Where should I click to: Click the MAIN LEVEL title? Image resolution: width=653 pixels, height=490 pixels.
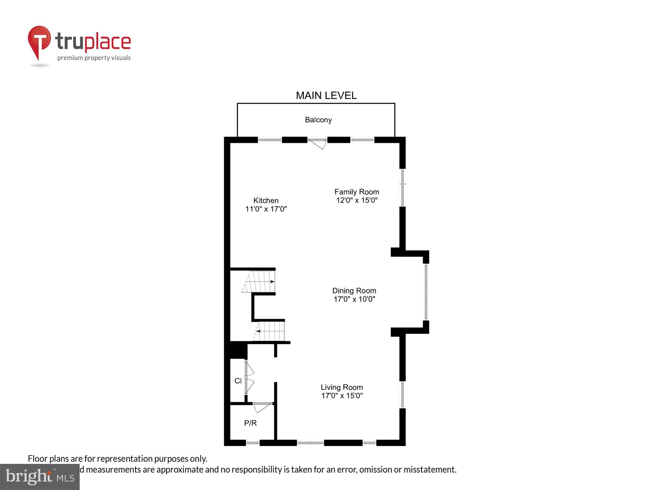326,95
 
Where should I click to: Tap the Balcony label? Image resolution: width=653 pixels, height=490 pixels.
318,120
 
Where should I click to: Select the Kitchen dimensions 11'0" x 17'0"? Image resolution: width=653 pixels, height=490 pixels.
266,209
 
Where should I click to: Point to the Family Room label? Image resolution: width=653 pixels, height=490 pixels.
357,192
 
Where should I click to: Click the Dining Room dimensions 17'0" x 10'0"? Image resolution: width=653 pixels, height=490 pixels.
354,299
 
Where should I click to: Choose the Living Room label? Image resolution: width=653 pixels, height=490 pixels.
342,387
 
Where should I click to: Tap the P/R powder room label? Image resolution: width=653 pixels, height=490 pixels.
250,423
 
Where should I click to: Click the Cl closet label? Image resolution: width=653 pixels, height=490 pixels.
238,381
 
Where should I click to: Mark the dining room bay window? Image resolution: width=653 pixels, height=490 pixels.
426,292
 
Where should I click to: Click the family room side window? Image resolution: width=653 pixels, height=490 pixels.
403,187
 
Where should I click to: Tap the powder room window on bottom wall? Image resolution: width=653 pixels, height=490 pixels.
252,443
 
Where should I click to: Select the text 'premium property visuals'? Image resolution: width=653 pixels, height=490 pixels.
94,58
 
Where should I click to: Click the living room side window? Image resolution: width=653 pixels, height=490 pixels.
403,395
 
